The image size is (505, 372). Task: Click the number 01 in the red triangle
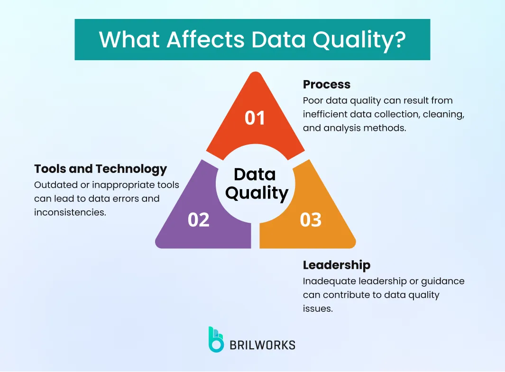tap(255, 118)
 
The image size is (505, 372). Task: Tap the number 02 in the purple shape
tap(198, 220)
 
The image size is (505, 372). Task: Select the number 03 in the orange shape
tap(311, 220)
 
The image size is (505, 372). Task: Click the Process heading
tap(327, 84)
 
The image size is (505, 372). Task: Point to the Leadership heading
tap(336, 264)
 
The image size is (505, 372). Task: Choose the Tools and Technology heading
tap(101, 169)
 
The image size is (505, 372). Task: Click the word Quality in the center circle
tap(257, 193)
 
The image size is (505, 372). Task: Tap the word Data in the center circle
tap(255, 174)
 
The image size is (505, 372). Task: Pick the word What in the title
tap(129, 39)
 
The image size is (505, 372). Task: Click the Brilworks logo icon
tap(216, 339)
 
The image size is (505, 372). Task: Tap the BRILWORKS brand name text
tap(262, 345)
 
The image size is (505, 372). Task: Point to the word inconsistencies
tap(70, 212)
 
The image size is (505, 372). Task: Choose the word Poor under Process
tap(312, 100)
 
